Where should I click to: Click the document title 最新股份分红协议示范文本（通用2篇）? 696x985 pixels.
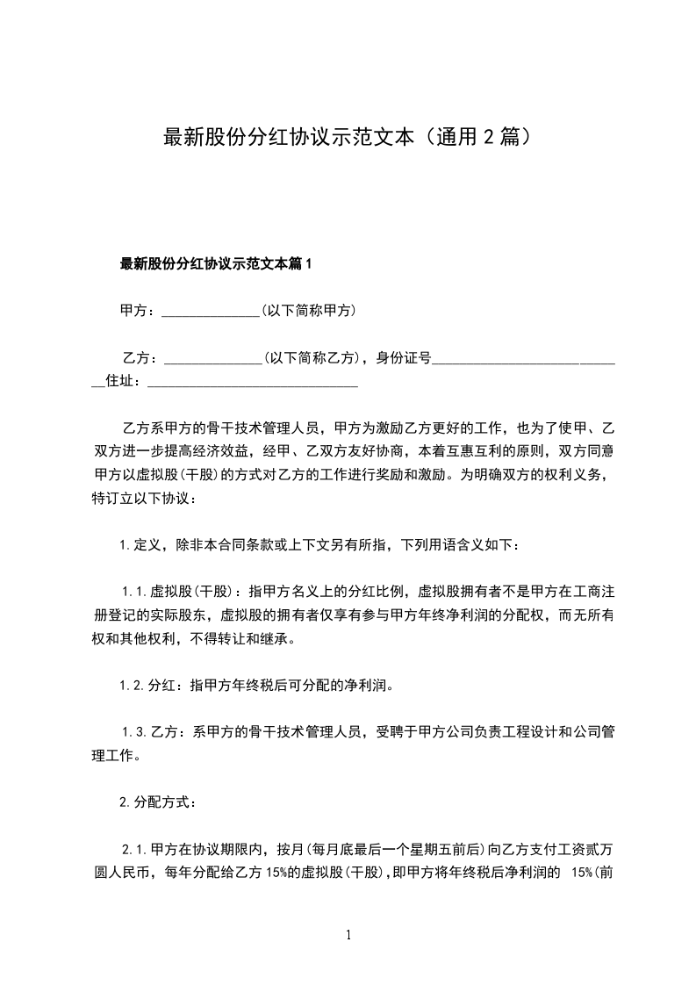click(348, 138)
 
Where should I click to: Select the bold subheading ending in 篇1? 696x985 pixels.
click(216, 263)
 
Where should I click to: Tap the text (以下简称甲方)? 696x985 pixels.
click(307, 311)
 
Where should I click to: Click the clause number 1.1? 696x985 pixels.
click(136, 592)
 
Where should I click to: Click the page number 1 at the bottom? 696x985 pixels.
click(348, 935)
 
